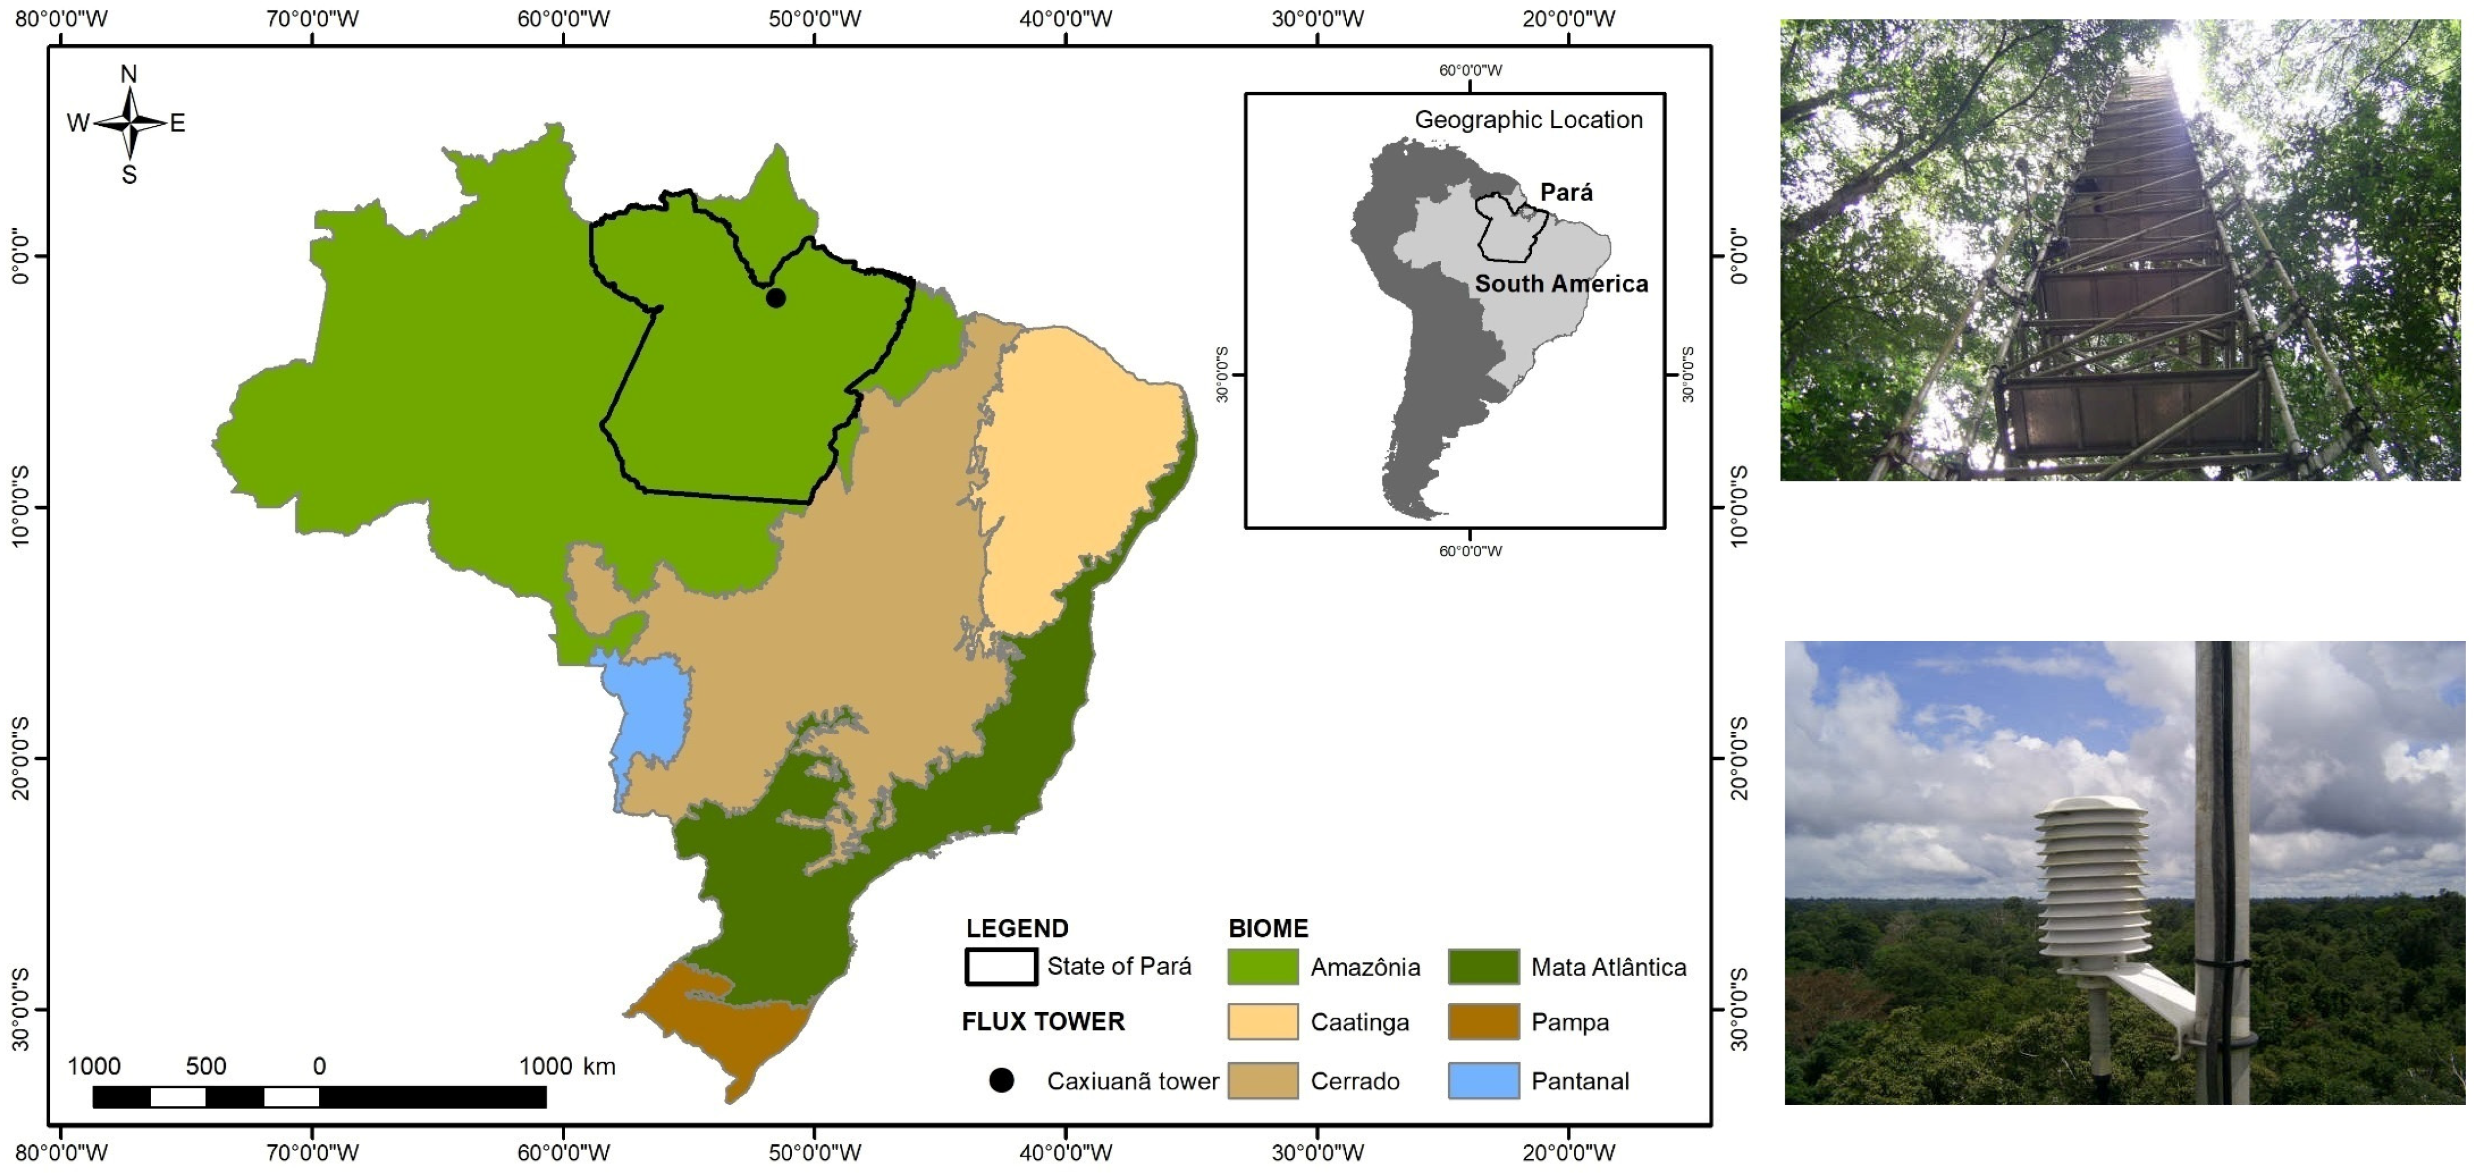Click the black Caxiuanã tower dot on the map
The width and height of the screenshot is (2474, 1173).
[775, 298]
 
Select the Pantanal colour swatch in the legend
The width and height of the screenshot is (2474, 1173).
[1483, 1080]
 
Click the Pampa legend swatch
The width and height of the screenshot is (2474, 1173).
[1483, 1021]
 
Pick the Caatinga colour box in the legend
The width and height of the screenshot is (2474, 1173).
[1262, 1021]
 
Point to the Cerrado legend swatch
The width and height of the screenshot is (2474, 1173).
[1262, 1080]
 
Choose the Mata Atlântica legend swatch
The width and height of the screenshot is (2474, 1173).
[1483, 966]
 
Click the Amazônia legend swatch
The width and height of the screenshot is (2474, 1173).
[1262, 966]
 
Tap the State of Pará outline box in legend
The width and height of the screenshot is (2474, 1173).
[1001, 966]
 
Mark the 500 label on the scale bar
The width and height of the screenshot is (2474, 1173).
[206, 1066]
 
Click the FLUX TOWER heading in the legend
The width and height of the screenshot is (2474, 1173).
[1043, 1021]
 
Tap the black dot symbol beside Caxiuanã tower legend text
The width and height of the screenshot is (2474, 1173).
[1001, 1080]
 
